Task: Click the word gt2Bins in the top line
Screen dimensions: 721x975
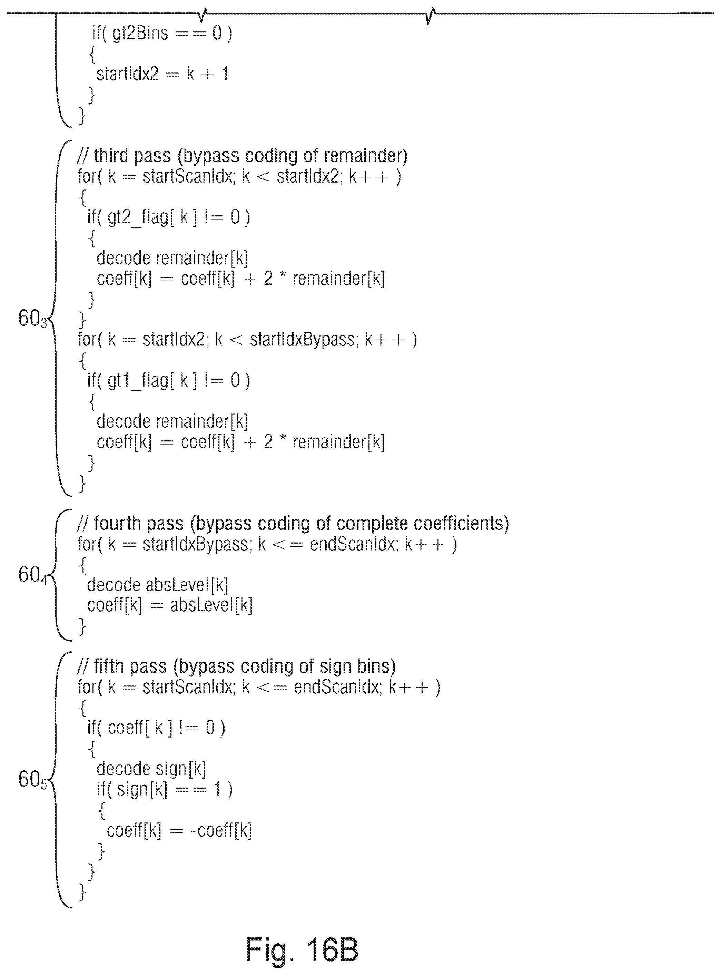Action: (140, 33)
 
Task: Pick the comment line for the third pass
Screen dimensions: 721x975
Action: (242, 156)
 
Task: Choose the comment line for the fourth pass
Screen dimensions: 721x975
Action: (293, 523)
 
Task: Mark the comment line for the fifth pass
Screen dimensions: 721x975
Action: (237, 666)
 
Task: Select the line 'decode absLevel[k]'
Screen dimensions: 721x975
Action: (158, 585)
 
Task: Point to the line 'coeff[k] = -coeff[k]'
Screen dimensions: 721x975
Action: (179, 830)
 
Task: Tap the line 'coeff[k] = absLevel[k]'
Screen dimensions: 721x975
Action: (170, 605)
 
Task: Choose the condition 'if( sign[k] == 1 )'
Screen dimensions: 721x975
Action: (165, 789)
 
